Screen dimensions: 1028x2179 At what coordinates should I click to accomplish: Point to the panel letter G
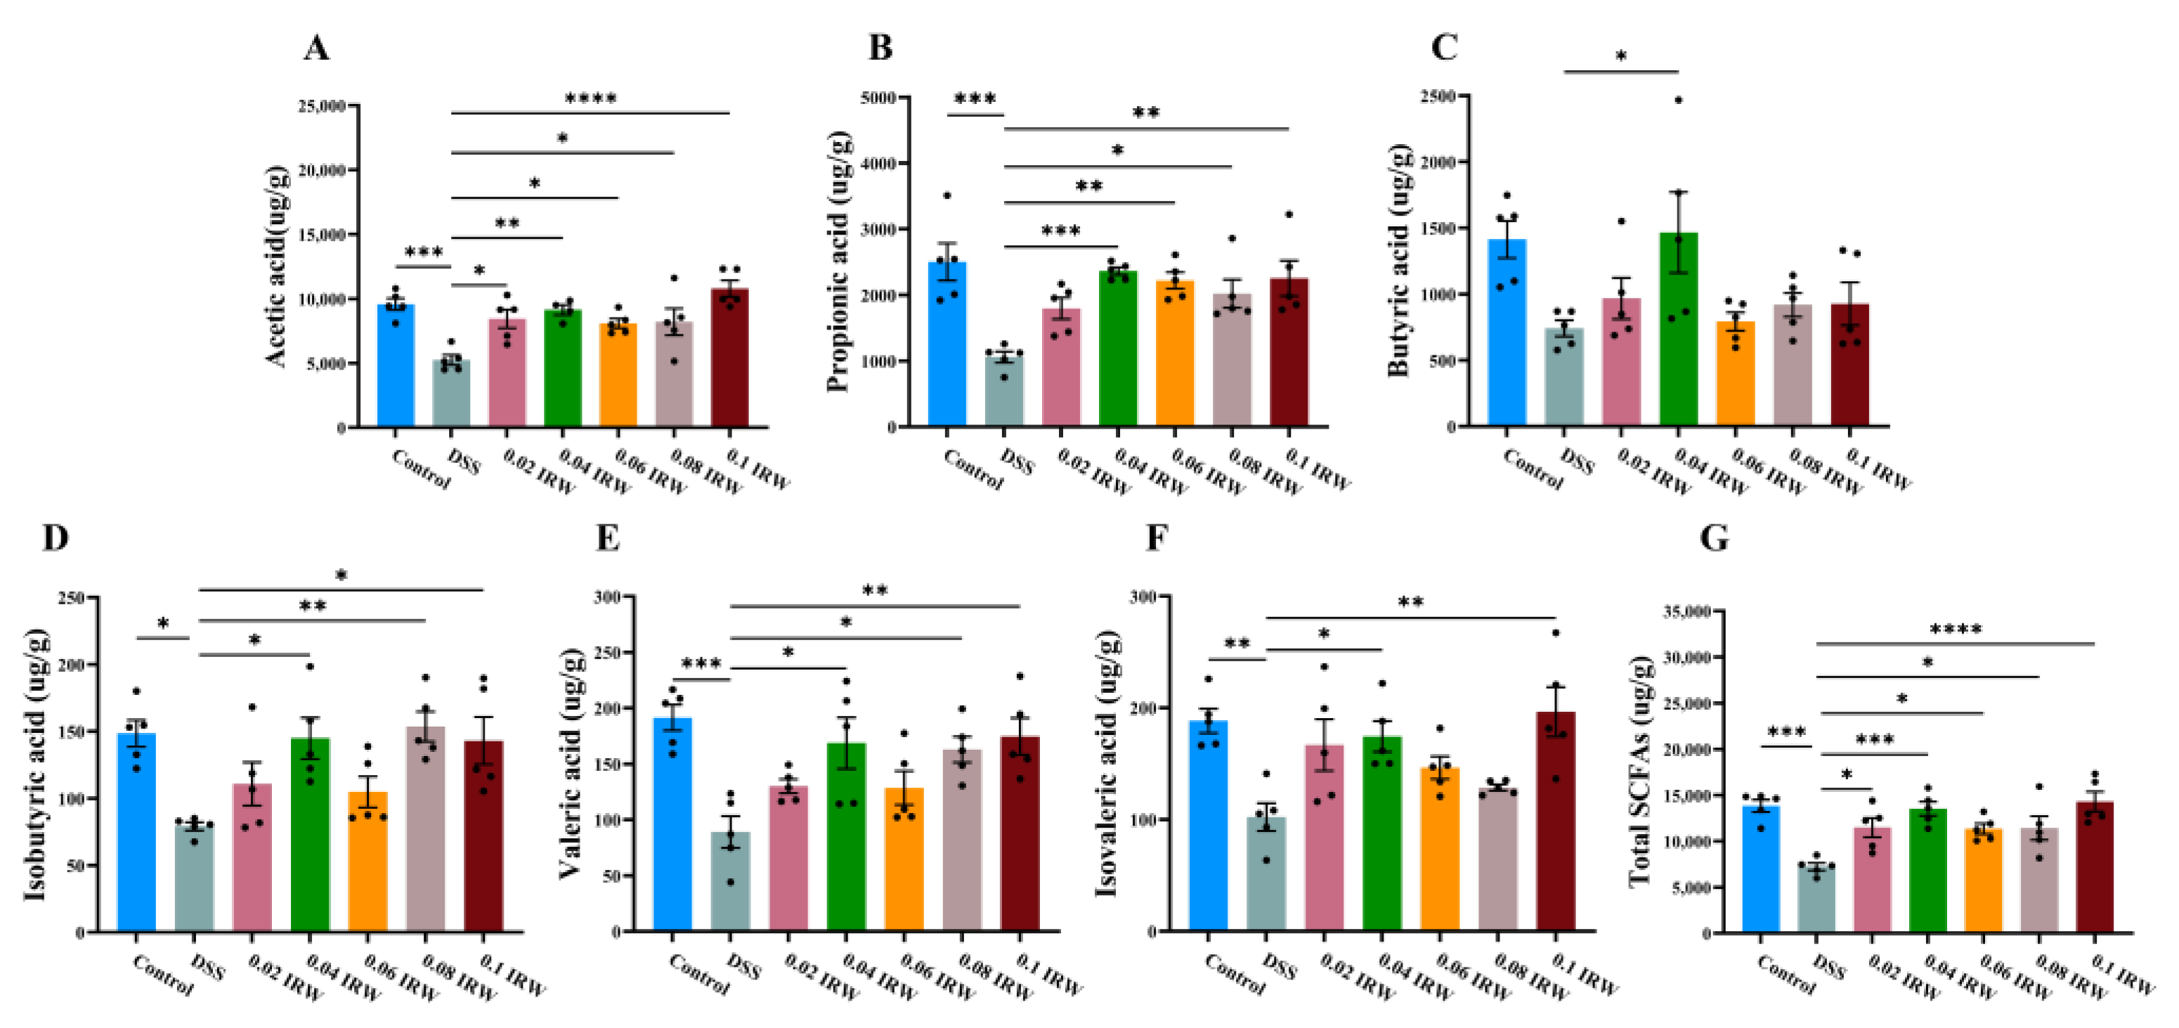pos(1714,538)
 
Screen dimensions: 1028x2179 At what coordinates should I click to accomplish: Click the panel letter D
pos(55,538)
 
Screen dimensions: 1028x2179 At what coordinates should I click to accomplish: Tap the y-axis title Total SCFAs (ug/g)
pos(1639,770)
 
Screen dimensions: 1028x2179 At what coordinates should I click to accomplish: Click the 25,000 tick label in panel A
pos(321,106)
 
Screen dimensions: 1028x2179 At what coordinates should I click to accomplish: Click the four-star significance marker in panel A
pos(590,99)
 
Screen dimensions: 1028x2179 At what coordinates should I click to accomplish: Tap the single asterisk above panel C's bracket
pos(1620,58)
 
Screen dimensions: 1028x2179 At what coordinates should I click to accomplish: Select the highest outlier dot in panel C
pos(1678,100)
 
